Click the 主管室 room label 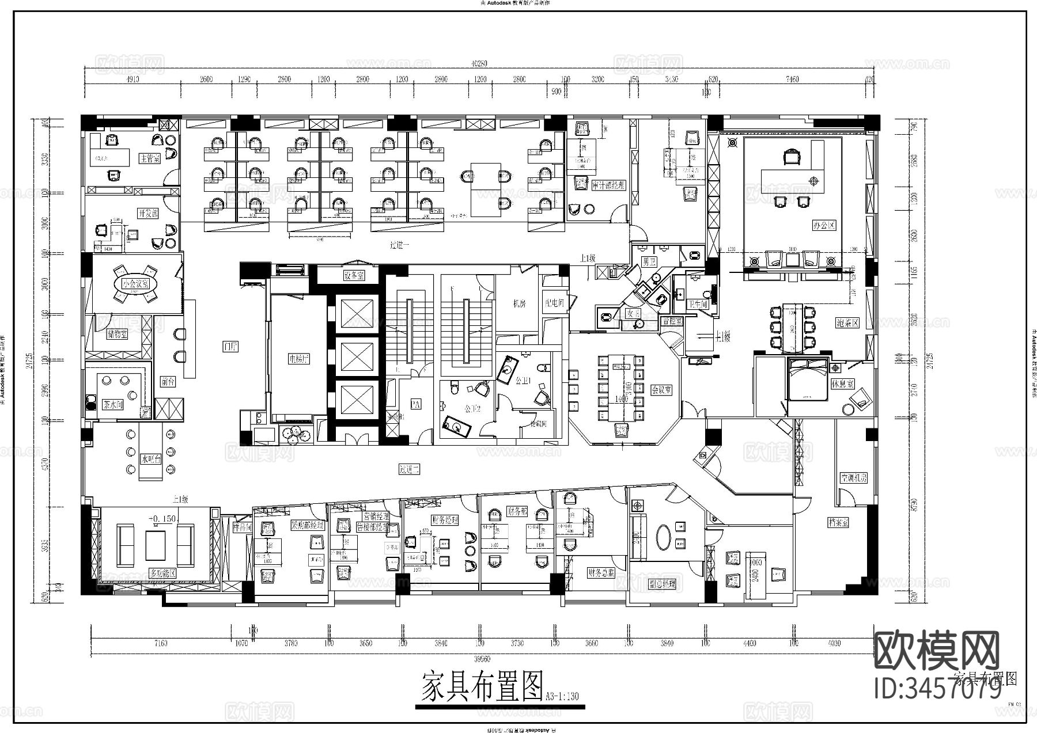pyautogui.click(x=149, y=158)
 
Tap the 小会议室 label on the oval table pyautogui.click(x=136, y=284)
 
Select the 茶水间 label pyautogui.click(x=113, y=404)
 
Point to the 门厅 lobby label pyautogui.click(x=230, y=346)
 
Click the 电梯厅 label pyautogui.click(x=300, y=359)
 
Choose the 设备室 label pyautogui.click(x=354, y=276)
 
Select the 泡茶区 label pyautogui.click(x=847, y=323)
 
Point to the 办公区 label pyautogui.click(x=824, y=225)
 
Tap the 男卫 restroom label pyautogui.click(x=650, y=262)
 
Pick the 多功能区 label pyautogui.click(x=162, y=574)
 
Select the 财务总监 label pyautogui.click(x=601, y=572)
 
